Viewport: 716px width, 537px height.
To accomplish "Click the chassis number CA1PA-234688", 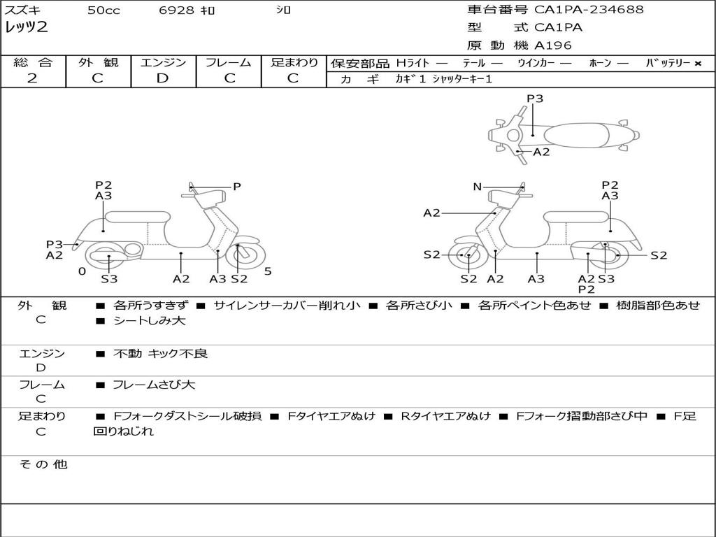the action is coord(589,10).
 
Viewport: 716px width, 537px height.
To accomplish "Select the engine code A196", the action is coord(553,45).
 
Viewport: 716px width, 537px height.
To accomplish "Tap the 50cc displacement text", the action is coord(103,10).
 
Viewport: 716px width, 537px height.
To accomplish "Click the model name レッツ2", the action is coord(26,28).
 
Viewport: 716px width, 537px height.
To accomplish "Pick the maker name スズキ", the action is coord(22,10).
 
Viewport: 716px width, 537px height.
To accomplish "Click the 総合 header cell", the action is coord(33,62).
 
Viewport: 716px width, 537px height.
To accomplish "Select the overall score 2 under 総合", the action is coord(32,78).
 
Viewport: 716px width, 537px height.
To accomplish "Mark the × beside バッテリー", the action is coord(697,63).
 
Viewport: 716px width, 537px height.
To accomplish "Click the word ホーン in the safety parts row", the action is coord(600,63).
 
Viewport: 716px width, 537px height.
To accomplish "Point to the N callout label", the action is coord(477,187).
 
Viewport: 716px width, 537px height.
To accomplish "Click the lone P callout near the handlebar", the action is coord(237,187).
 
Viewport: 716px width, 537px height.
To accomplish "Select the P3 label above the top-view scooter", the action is coord(535,99).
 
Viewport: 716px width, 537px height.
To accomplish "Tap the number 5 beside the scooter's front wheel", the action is coord(268,271).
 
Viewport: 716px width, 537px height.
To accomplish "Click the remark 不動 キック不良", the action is coord(160,354).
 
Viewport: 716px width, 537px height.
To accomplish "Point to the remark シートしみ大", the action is coord(150,321).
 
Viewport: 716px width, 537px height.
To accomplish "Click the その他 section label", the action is coord(43,464).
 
